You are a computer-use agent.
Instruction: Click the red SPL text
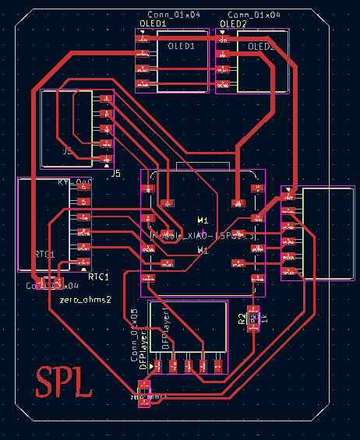coord(66,382)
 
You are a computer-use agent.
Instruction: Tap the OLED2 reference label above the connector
coord(233,24)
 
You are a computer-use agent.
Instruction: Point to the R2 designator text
coord(242,317)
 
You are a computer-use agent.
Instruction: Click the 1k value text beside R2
coord(265,319)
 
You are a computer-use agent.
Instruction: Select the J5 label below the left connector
coord(115,172)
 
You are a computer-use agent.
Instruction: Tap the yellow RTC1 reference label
coord(99,276)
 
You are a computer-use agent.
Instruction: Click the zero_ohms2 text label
coord(85,299)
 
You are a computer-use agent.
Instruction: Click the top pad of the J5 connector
coord(107,99)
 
